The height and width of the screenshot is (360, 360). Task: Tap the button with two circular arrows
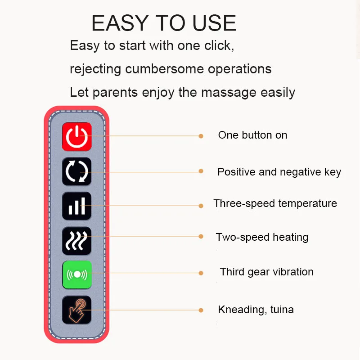(x=76, y=171)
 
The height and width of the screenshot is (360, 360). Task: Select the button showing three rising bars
(x=76, y=206)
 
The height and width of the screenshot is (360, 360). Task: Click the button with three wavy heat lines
(x=76, y=241)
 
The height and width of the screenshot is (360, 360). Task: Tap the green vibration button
(x=77, y=274)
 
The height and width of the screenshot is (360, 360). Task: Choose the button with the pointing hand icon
(x=76, y=310)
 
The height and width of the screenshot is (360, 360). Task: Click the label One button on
(x=252, y=135)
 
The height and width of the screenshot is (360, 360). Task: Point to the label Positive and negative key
(x=279, y=172)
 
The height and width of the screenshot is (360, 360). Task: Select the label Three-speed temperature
(x=275, y=204)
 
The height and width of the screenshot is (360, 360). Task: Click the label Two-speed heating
(x=262, y=238)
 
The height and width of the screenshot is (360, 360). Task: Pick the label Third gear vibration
(x=266, y=272)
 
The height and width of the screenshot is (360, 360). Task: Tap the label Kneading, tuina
(x=256, y=310)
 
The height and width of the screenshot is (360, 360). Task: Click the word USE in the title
(x=214, y=23)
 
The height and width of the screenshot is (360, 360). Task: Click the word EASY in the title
(x=120, y=23)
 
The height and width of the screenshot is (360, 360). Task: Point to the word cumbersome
(x=164, y=69)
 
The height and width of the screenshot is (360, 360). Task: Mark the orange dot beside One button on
(x=201, y=136)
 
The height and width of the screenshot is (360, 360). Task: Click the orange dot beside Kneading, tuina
(x=201, y=310)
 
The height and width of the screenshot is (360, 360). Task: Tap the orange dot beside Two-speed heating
(x=201, y=237)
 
